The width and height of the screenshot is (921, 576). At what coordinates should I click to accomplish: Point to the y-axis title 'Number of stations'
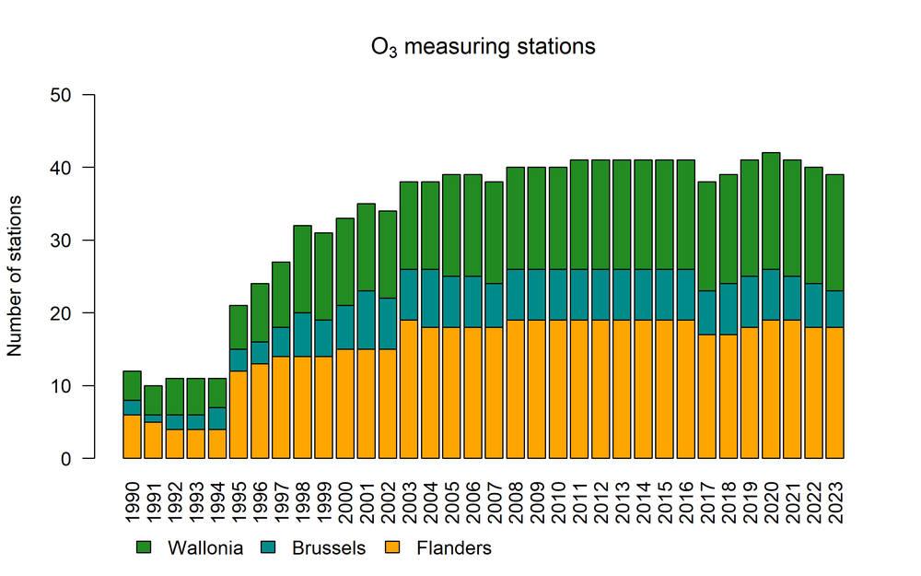pyautogui.click(x=15, y=276)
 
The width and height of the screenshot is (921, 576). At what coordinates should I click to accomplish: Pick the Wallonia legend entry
pyautogui.click(x=189, y=548)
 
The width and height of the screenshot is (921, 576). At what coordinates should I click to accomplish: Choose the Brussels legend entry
pyautogui.click(x=313, y=548)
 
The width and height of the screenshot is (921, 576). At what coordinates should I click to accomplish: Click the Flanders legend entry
pyautogui.click(x=438, y=548)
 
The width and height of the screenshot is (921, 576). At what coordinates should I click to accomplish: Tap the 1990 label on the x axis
pyautogui.click(x=133, y=498)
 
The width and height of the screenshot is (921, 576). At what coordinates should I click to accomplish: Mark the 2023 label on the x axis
pyautogui.click(x=835, y=498)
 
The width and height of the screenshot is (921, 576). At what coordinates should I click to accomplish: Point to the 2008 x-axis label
pyautogui.click(x=516, y=498)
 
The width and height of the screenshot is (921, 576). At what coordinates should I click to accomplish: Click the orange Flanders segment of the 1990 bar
pyautogui.click(x=133, y=436)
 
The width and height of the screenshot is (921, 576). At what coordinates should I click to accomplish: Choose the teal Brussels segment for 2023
pyautogui.click(x=835, y=309)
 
